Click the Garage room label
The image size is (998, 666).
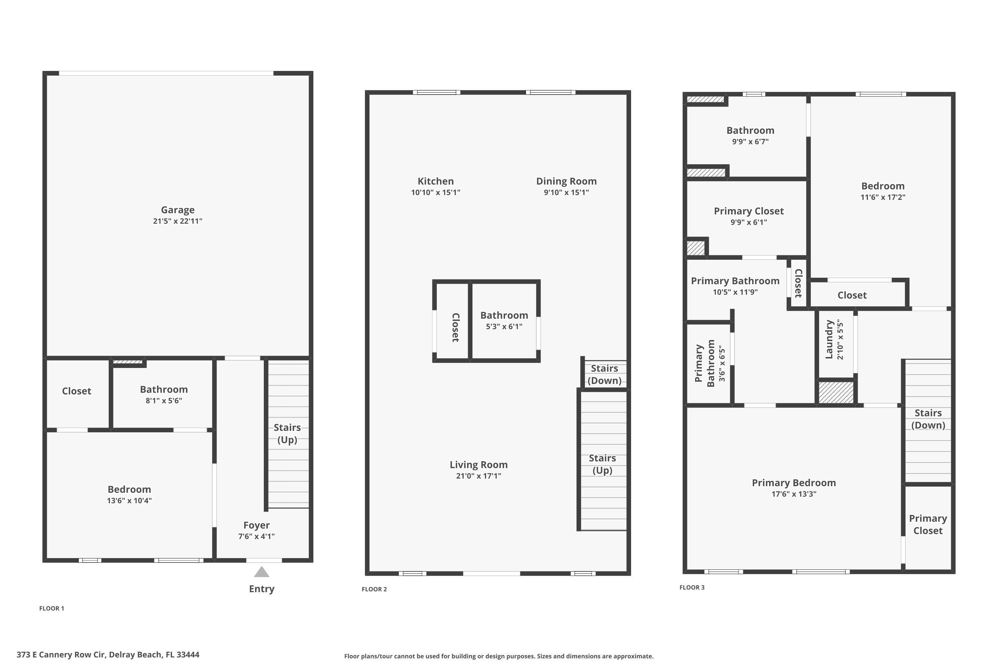point(177,210)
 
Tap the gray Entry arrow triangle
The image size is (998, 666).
point(261,572)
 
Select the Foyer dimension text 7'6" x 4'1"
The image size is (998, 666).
point(256,536)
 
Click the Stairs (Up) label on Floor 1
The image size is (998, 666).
point(287,434)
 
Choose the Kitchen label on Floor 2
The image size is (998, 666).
point(435,181)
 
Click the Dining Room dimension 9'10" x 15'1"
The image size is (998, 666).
point(566,192)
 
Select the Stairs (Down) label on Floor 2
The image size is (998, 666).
point(604,374)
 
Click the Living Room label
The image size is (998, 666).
point(479,465)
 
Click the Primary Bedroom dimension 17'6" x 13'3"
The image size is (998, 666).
point(793,494)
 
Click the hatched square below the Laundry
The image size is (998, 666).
point(835,393)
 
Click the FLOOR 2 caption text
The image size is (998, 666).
point(374,589)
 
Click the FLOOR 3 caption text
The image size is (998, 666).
point(692,587)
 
